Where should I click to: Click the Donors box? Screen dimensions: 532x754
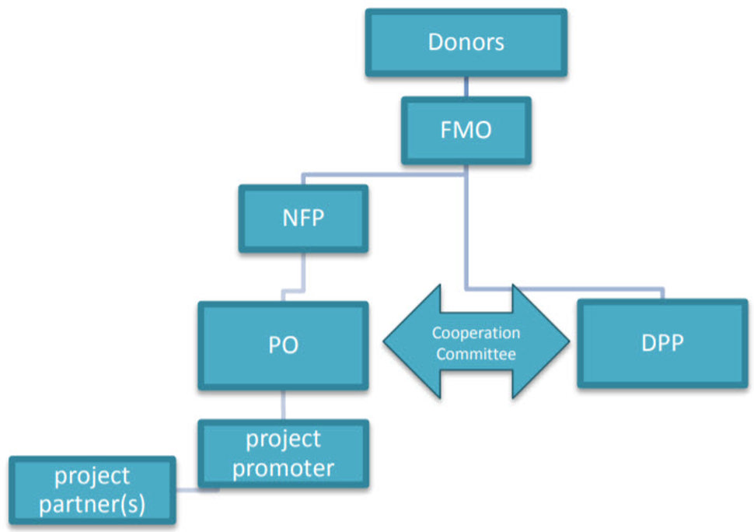click(466, 42)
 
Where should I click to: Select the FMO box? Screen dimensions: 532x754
click(466, 130)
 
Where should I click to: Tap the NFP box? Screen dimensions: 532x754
click(303, 219)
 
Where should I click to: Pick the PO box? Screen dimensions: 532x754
click(283, 345)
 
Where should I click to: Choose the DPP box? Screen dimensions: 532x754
click(662, 344)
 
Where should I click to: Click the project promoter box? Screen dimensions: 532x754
click(283, 453)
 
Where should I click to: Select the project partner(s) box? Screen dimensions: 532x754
click(92, 489)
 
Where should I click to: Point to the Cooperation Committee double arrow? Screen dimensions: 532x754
click(476, 343)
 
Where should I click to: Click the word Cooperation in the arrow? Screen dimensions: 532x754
click(476, 333)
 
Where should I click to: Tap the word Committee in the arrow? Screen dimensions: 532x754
click(476, 354)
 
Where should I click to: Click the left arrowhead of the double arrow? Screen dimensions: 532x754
click(408, 342)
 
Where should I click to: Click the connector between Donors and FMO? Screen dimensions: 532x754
click(466, 86)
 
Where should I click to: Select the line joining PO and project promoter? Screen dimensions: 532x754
click(283, 404)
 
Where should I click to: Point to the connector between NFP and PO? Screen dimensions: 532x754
click(302, 272)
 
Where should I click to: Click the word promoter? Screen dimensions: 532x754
click(283, 467)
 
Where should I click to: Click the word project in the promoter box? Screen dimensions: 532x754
click(283, 439)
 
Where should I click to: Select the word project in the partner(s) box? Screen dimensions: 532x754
click(92, 475)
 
